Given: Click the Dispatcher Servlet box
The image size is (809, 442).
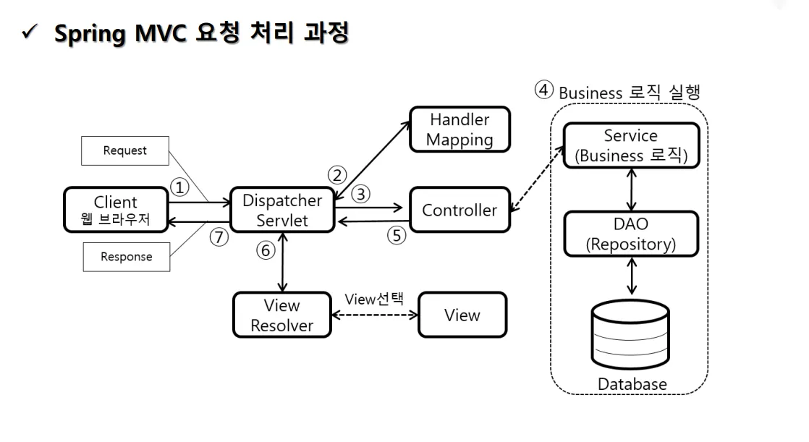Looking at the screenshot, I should pos(282,210).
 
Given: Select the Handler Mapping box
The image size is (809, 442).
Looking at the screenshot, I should pos(459,129).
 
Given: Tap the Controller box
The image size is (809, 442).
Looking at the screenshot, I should pos(459,210).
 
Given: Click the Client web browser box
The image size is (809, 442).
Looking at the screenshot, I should pos(116,210).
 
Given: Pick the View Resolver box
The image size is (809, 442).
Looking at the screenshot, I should pos(282,315).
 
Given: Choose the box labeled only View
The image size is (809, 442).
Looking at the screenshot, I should pos(462,315).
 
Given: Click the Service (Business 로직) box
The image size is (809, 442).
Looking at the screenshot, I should pos(631,145).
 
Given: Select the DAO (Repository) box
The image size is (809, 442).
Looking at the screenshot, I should pos(631,234).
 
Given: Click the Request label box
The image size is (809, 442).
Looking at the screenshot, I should pos(125,150).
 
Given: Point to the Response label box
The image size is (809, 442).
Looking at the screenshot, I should pos(127,257).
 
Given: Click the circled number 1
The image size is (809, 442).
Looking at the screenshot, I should pos(179,187).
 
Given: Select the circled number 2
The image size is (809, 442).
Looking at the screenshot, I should pos(337,175).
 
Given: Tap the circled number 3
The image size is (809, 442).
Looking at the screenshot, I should pos(360,194).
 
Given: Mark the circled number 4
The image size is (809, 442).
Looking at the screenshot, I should pos(544,90).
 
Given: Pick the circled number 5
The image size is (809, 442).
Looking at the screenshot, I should pos(396,236).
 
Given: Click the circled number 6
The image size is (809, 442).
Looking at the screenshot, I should pos(266,251).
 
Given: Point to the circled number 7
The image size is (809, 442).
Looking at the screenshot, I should pos(219,237).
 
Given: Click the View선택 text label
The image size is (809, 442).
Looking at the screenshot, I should pos(374,299).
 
